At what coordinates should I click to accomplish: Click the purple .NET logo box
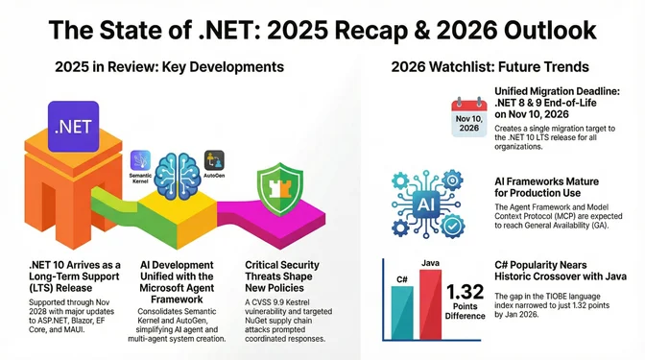pyautogui.click(x=73, y=126)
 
